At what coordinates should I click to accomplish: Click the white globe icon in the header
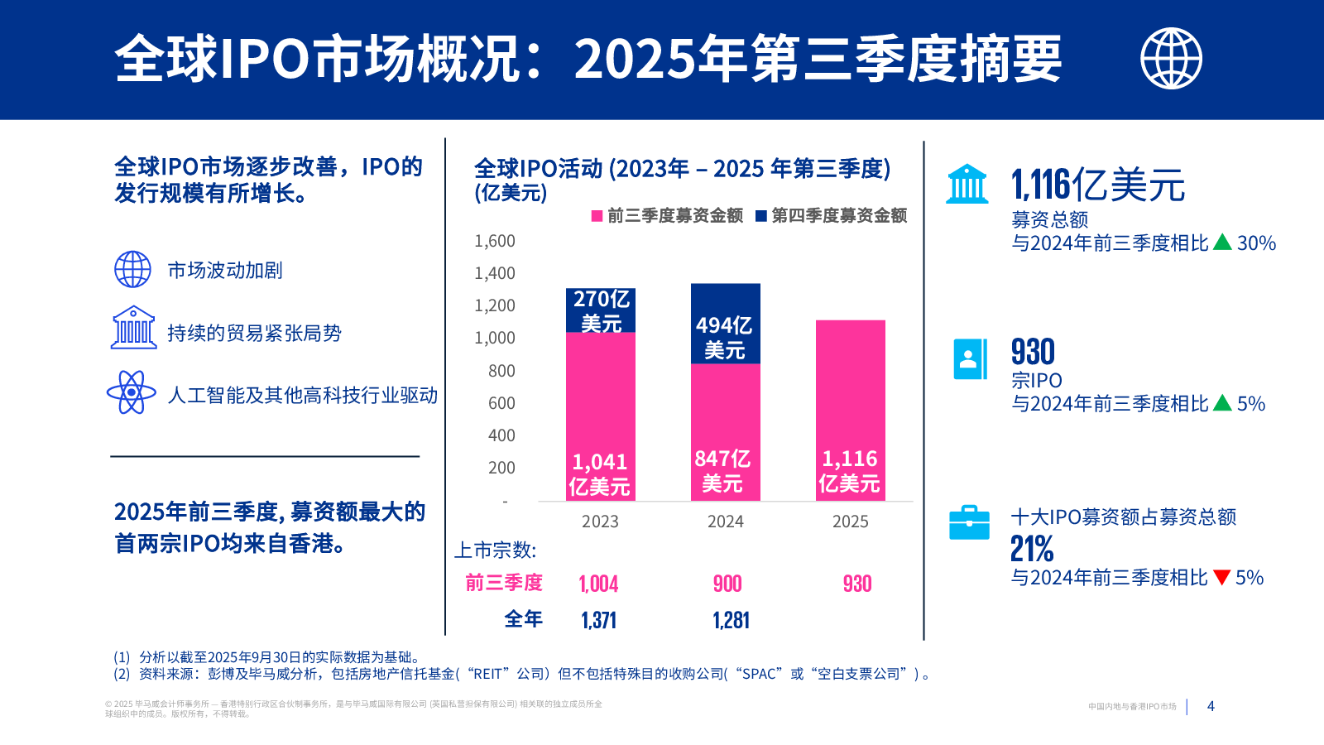coord(1171,58)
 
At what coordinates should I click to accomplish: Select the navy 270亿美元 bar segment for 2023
coord(601,310)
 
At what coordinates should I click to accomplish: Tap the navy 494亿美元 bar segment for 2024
coord(725,324)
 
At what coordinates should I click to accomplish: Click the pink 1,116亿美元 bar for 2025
coord(850,410)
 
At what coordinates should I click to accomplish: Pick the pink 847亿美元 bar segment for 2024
coord(725,431)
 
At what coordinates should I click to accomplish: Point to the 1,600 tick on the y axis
coord(495,241)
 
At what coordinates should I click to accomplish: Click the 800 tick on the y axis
coord(501,371)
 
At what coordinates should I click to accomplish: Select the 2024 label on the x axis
coord(725,521)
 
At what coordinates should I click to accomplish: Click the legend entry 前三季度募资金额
coord(667,216)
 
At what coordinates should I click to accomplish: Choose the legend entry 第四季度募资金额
coord(832,216)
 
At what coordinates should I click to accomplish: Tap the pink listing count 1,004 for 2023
coord(598,584)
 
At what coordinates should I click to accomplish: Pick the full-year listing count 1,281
coord(731,621)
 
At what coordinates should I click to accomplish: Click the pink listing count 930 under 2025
coord(857,584)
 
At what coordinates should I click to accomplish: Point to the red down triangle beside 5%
coord(1221,577)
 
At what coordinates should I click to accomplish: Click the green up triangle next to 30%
coord(1222,243)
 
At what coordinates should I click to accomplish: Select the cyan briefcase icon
coord(969,522)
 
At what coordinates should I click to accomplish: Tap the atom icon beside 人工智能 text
coord(132,392)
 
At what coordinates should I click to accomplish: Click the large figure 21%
coord(1032,549)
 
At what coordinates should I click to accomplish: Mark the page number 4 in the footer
coord(1211,706)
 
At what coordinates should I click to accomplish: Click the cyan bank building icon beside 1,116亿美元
coord(967,184)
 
